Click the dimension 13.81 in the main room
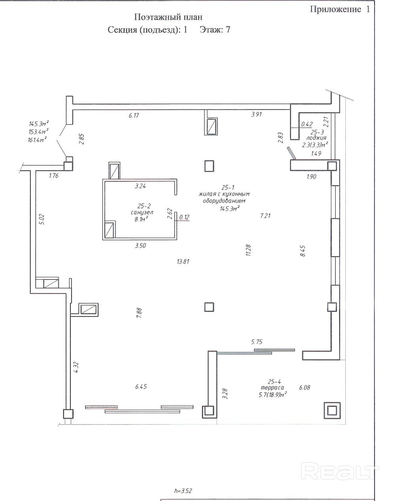(183, 262)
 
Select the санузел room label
(142, 212)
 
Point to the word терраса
(272, 388)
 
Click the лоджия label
(316, 138)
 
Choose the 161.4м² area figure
(38, 140)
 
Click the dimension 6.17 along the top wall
(134, 115)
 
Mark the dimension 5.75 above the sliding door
(257, 342)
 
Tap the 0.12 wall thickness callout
(184, 217)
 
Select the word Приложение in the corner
(335, 9)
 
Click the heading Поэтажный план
(168, 17)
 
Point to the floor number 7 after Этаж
(228, 30)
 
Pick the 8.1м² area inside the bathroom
(141, 219)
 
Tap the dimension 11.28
(248, 250)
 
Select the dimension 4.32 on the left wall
(76, 367)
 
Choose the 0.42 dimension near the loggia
(307, 124)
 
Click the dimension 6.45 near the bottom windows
(141, 387)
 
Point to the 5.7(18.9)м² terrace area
(272, 395)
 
